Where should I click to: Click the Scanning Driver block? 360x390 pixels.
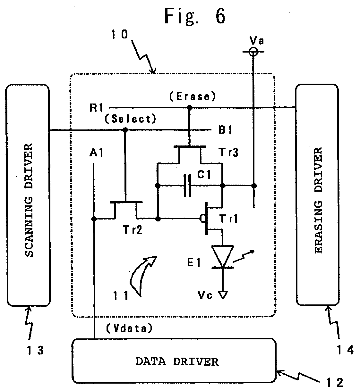click(28, 195)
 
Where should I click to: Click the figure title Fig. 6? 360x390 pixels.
click(195, 16)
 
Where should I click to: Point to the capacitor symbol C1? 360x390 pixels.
click(187, 185)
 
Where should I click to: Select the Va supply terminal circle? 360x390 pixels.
click(253, 52)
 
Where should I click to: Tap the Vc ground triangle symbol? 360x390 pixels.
click(223, 295)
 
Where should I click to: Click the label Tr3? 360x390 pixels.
click(228, 152)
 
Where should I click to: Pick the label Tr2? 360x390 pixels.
click(132, 229)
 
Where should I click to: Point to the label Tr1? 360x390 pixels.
click(228, 219)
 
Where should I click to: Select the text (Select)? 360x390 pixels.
click(130, 119)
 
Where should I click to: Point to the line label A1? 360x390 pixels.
click(96, 153)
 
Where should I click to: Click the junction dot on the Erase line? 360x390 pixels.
click(189, 108)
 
